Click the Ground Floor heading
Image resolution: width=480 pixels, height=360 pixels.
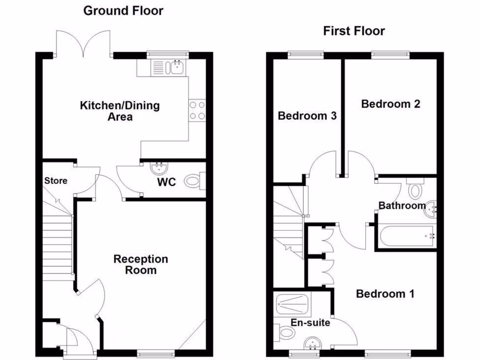coord(123,11)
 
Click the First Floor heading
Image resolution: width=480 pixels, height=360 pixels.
coord(354,31)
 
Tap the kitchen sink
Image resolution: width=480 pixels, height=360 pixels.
coord(177,67)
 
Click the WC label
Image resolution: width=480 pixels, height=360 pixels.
coord(166,181)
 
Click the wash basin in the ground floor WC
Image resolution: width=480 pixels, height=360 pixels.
coord(157,167)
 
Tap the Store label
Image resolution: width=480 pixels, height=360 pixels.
coord(56,180)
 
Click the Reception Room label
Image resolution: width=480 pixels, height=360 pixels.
coord(141,264)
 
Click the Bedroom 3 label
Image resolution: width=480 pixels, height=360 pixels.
coord(307,116)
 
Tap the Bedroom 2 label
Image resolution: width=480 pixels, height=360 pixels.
coord(390,104)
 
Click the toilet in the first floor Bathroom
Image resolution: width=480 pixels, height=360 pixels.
coord(414,190)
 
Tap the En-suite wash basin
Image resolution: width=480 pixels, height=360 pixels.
coord(311,345)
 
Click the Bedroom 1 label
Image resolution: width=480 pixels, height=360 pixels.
coord(385,294)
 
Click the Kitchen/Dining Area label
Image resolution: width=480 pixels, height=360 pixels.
coord(120,111)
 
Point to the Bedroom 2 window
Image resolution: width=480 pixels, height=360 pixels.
coord(390,55)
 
